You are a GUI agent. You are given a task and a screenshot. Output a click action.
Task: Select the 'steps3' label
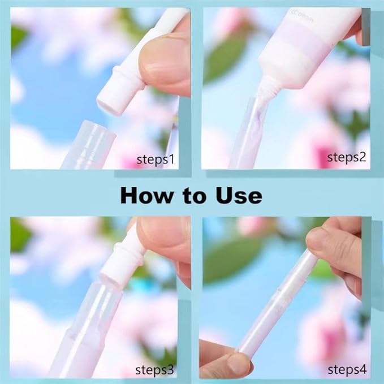[156, 370]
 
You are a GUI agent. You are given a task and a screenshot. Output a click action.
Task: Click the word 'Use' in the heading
[239, 195]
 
